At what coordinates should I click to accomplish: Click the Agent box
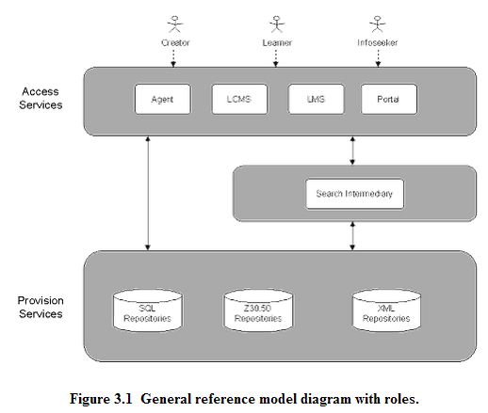(x=163, y=99)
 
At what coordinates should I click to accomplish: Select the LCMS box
(x=239, y=99)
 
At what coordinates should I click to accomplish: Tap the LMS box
(x=316, y=99)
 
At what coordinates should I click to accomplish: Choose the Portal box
(x=389, y=99)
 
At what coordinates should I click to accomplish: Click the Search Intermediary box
(x=354, y=194)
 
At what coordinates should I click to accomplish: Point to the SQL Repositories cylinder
(x=148, y=310)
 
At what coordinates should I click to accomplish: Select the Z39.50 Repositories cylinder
(x=258, y=310)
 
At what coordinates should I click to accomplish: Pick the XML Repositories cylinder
(x=386, y=310)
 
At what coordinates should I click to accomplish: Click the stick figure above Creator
(x=175, y=24)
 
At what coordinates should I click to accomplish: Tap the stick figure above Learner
(x=277, y=24)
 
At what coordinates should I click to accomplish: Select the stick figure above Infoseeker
(x=378, y=24)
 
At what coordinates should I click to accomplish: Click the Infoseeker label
(x=378, y=42)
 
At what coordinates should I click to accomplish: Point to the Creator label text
(x=175, y=42)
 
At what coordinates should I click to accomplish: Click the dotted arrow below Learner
(x=276, y=57)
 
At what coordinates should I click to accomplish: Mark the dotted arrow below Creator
(x=173, y=57)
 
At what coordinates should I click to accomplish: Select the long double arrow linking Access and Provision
(x=148, y=193)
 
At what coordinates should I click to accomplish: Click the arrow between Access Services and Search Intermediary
(x=352, y=151)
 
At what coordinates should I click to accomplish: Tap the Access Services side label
(x=41, y=98)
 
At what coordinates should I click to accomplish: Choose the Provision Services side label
(x=41, y=307)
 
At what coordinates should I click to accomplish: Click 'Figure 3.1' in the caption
(x=101, y=399)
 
